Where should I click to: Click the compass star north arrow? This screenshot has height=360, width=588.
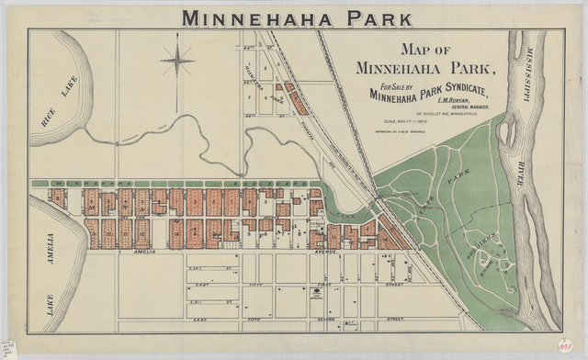click(x=177, y=62)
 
